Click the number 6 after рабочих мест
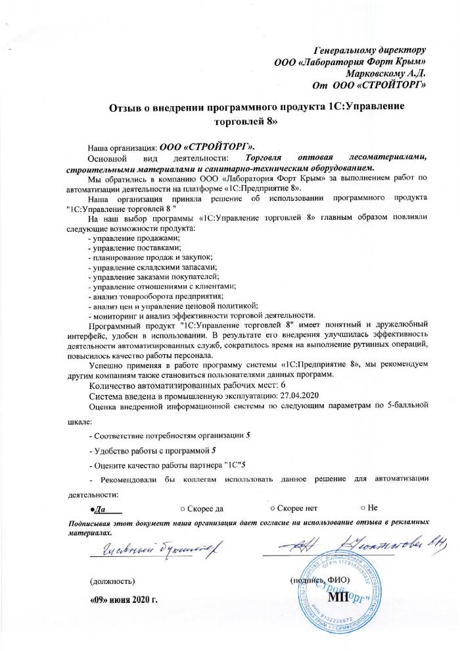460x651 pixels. click(x=264, y=384)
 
